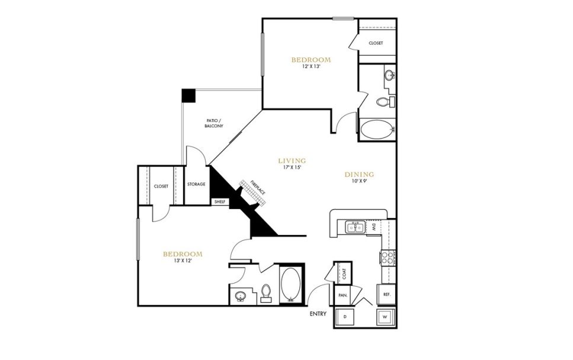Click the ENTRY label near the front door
pyautogui.click(x=318, y=314)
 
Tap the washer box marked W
pyautogui.click(x=385, y=317)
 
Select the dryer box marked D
pyautogui.click(x=344, y=317)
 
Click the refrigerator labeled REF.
pyautogui.click(x=386, y=294)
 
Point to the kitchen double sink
pyautogui.click(x=356, y=227)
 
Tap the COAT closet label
pyautogui.click(x=343, y=273)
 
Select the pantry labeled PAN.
pyautogui.click(x=342, y=294)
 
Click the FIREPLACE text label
pyautogui.click(x=257, y=188)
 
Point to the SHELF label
pyautogui.click(x=220, y=201)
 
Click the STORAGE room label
pyautogui.click(x=196, y=184)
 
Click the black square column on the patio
pyautogui.click(x=188, y=95)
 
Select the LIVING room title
pyautogui.click(x=292, y=160)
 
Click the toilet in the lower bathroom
pyautogui.click(x=266, y=293)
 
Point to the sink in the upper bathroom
pyautogui.click(x=389, y=76)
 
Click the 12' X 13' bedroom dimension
pyautogui.click(x=310, y=67)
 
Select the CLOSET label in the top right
pyautogui.click(x=376, y=43)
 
